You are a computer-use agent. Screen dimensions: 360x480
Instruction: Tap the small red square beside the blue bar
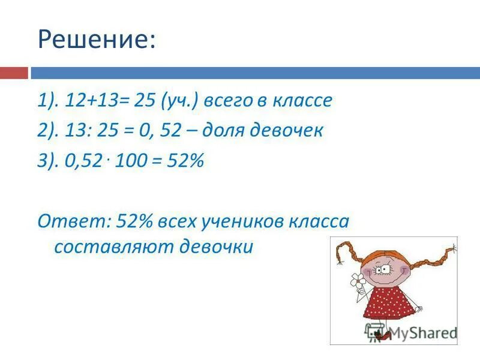pos(14,73)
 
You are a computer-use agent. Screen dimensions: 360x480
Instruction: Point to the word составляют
pos(112,247)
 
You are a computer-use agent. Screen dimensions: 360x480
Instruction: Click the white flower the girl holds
pos(359,278)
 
